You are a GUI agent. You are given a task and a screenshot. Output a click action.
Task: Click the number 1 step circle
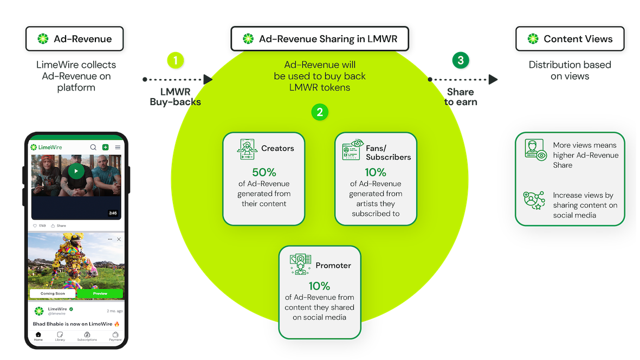coord(175,60)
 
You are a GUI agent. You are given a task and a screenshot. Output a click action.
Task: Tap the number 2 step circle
coord(320,112)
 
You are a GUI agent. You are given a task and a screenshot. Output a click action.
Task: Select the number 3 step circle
coord(460,60)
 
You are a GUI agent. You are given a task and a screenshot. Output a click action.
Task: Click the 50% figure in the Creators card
coord(264,172)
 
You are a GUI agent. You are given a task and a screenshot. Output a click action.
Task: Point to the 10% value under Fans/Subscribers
coord(376,172)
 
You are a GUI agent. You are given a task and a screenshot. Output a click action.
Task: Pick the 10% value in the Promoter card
coord(319,286)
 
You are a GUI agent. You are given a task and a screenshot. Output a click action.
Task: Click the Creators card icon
coord(247,149)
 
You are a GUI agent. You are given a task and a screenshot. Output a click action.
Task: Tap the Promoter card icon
coord(300,265)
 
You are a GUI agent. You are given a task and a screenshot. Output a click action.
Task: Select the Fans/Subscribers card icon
coord(352,150)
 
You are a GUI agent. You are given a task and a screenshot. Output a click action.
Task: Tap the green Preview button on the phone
coord(100,293)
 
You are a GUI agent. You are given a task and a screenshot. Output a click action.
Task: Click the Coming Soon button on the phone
coord(53,293)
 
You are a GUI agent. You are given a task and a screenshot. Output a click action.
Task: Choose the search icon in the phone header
coord(93,147)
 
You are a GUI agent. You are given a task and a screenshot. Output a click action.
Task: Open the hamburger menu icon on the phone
coord(118,147)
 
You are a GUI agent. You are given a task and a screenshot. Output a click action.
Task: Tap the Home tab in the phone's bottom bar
coord(38,336)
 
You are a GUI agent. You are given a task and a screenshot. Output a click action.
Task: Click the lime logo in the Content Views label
coord(533,39)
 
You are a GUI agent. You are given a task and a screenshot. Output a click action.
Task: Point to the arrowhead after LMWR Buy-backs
coord(207,79)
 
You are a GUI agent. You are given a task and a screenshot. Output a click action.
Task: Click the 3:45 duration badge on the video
coord(113,213)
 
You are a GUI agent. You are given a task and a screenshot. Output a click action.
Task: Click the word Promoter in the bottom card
coord(333,266)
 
